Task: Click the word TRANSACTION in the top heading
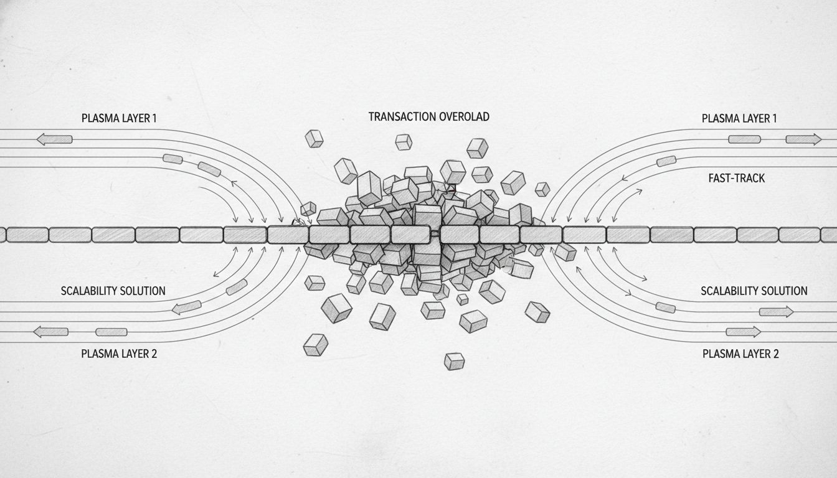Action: (397, 116)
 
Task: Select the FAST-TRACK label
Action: (737, 178)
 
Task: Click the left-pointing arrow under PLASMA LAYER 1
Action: (54, 139)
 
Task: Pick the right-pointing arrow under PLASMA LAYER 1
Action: (803, 139)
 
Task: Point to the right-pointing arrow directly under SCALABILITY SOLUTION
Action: (776, 311)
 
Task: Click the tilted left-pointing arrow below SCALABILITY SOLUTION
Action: (186, 307)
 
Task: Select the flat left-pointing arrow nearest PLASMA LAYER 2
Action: (50, 332)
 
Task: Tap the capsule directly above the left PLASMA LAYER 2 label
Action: (111, 332)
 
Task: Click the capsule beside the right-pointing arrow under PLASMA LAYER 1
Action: (744, 139)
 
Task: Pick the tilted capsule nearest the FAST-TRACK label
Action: (666, 162)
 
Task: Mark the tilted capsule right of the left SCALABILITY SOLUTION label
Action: (237, 287)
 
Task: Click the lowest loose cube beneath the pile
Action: (454, 361)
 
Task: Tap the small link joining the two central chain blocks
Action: (437, 234)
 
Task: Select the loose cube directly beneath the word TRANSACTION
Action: (404, 142)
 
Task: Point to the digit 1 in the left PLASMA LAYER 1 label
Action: (154, 118)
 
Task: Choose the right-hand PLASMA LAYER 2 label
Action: (740, 354)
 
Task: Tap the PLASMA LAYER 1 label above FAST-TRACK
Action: (739, 118)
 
